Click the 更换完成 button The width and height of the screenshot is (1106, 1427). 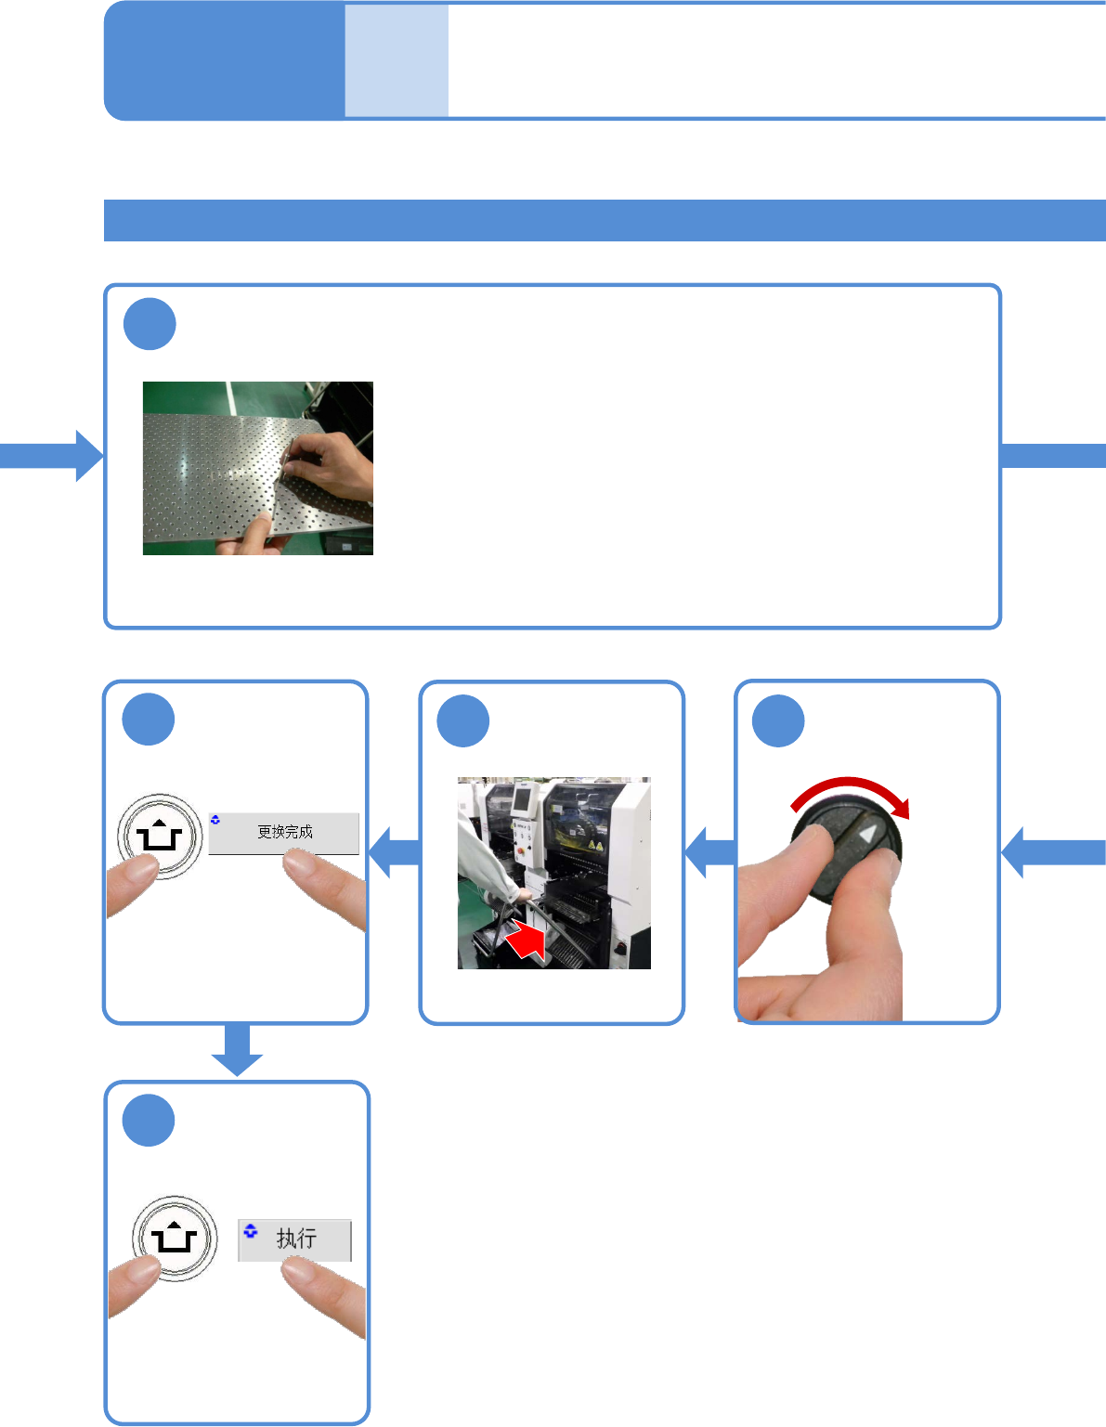click(x=283, y=833)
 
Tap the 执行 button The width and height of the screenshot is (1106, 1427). click(x=295, y=1239)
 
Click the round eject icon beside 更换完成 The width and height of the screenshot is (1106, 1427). click(x=160, y=837)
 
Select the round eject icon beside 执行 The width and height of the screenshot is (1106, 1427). click(x=174, y=1239)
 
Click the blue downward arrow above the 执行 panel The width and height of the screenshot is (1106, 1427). click(x=237, y=1049)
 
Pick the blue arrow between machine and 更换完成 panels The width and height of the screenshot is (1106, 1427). click(x=394, y=852)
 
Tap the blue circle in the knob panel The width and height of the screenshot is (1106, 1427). click(x=778, y=720)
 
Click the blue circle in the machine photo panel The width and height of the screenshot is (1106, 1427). click(x=462, y=720)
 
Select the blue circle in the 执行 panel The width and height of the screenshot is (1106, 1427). click(x=149, y=1121)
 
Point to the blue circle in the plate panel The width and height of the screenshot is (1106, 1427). click(x=150, y=324)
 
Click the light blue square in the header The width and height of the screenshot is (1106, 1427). click(x=397, y=61)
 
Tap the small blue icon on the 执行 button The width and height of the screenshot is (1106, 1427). click(x=250, y=1231)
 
